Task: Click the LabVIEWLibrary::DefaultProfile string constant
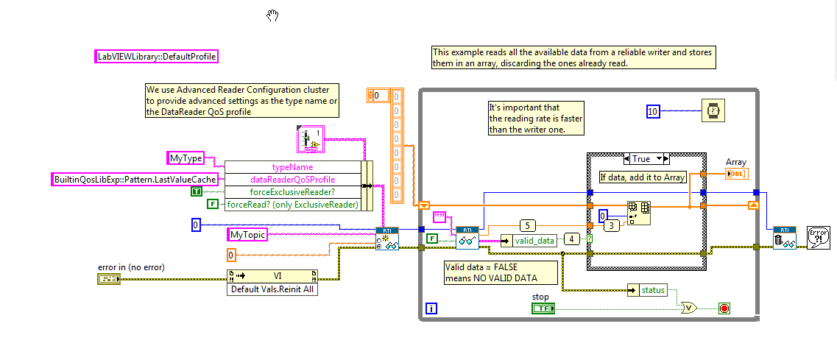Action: point(156,56)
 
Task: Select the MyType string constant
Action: point(186,158)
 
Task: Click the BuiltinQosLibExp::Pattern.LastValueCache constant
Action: point(135,180)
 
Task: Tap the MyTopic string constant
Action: point(247,235)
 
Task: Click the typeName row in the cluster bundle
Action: point(292,167)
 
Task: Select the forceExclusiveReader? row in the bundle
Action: point(292,192)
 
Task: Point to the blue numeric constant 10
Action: point(653,111)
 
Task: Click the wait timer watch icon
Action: point(713,111)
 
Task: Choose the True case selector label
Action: point(646,158)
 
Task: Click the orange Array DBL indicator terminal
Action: point(737,173)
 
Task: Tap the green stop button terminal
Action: point(543,308)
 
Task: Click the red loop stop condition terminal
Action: point(724,308)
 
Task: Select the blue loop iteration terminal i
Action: point(431,308)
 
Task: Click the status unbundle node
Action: point(647,290)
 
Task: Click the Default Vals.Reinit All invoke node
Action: point(272,283)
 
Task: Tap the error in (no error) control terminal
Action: point(109,279)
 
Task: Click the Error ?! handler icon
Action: point(818,238)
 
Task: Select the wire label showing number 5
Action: point(527,225)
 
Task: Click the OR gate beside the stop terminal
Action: point(689,308)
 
